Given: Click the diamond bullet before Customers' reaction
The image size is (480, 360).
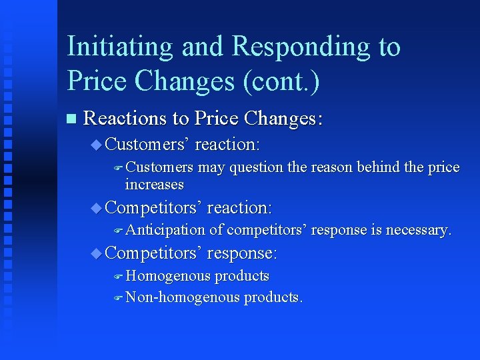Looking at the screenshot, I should pyautogui.click(x=95, y=144).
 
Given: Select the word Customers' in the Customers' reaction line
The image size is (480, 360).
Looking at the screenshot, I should pyautogui.click(x=147, y=144).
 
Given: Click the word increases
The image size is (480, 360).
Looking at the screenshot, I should pyautogui.click(x=154, y=184).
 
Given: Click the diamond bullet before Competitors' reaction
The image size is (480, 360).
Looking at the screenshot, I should pyautogui.click(x=95, y=208).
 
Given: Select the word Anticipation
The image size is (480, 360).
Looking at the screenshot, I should pyautogui.click(x=165, y=230).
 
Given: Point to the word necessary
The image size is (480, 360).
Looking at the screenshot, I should pyautogui.click(x=419, y=230).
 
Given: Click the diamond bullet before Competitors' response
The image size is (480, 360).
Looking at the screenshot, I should pyautogui.click(x=95, y=253).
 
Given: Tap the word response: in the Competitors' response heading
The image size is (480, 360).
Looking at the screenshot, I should pyautogui.click(x=242, y=253).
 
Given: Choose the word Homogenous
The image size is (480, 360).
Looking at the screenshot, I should pyautogui.click(x=167, y=276).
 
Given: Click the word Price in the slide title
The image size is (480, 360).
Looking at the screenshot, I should pyautogui.click(x=97, y=81).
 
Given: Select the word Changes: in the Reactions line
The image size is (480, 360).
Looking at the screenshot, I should pyautogui.click(x=283, y=119).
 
